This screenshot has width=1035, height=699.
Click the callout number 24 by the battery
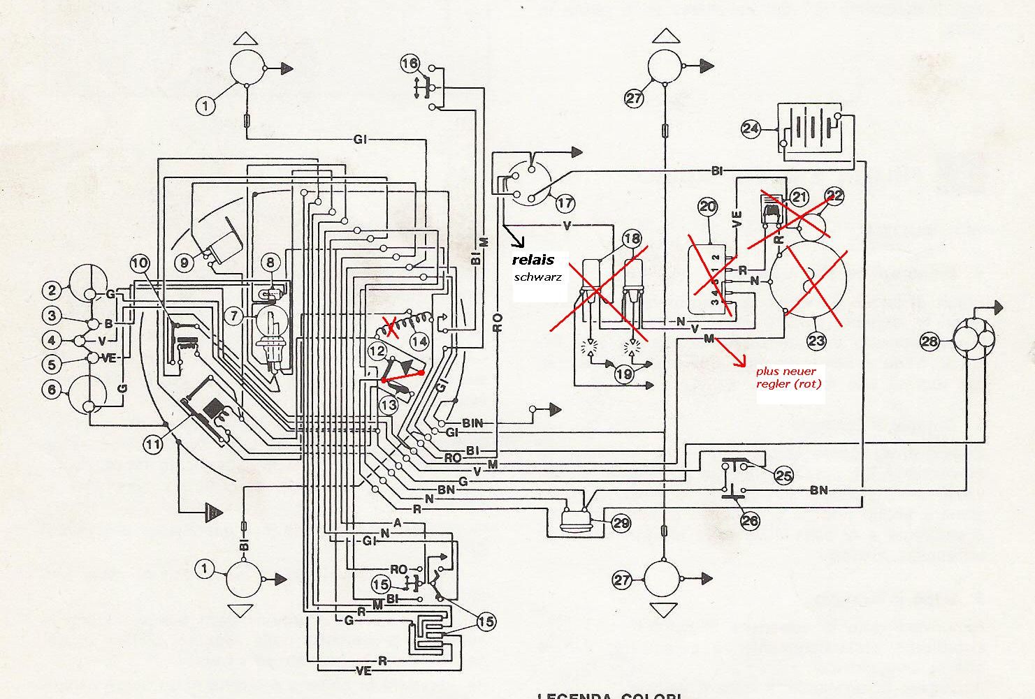(751, 128)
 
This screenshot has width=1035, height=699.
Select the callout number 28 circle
(929, 341)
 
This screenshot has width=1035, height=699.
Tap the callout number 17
(565, 203)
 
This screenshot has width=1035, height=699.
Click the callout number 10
(140, 263)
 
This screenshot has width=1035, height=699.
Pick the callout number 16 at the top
(410, 64)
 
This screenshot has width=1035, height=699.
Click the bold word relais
(533, 260)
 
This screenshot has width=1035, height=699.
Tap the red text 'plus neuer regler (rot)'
(786, 378)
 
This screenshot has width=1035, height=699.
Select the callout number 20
(708, 206)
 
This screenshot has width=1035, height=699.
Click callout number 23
(817, 341)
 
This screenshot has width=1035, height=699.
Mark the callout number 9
(184, 263)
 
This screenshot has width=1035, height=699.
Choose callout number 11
(154, 441)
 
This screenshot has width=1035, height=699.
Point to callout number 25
(784, 476)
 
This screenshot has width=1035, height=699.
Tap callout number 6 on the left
(51, 389)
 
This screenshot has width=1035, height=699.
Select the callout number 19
(624, 374)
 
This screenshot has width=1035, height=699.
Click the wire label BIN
(473, 422)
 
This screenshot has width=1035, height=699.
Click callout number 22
(834, 196)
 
